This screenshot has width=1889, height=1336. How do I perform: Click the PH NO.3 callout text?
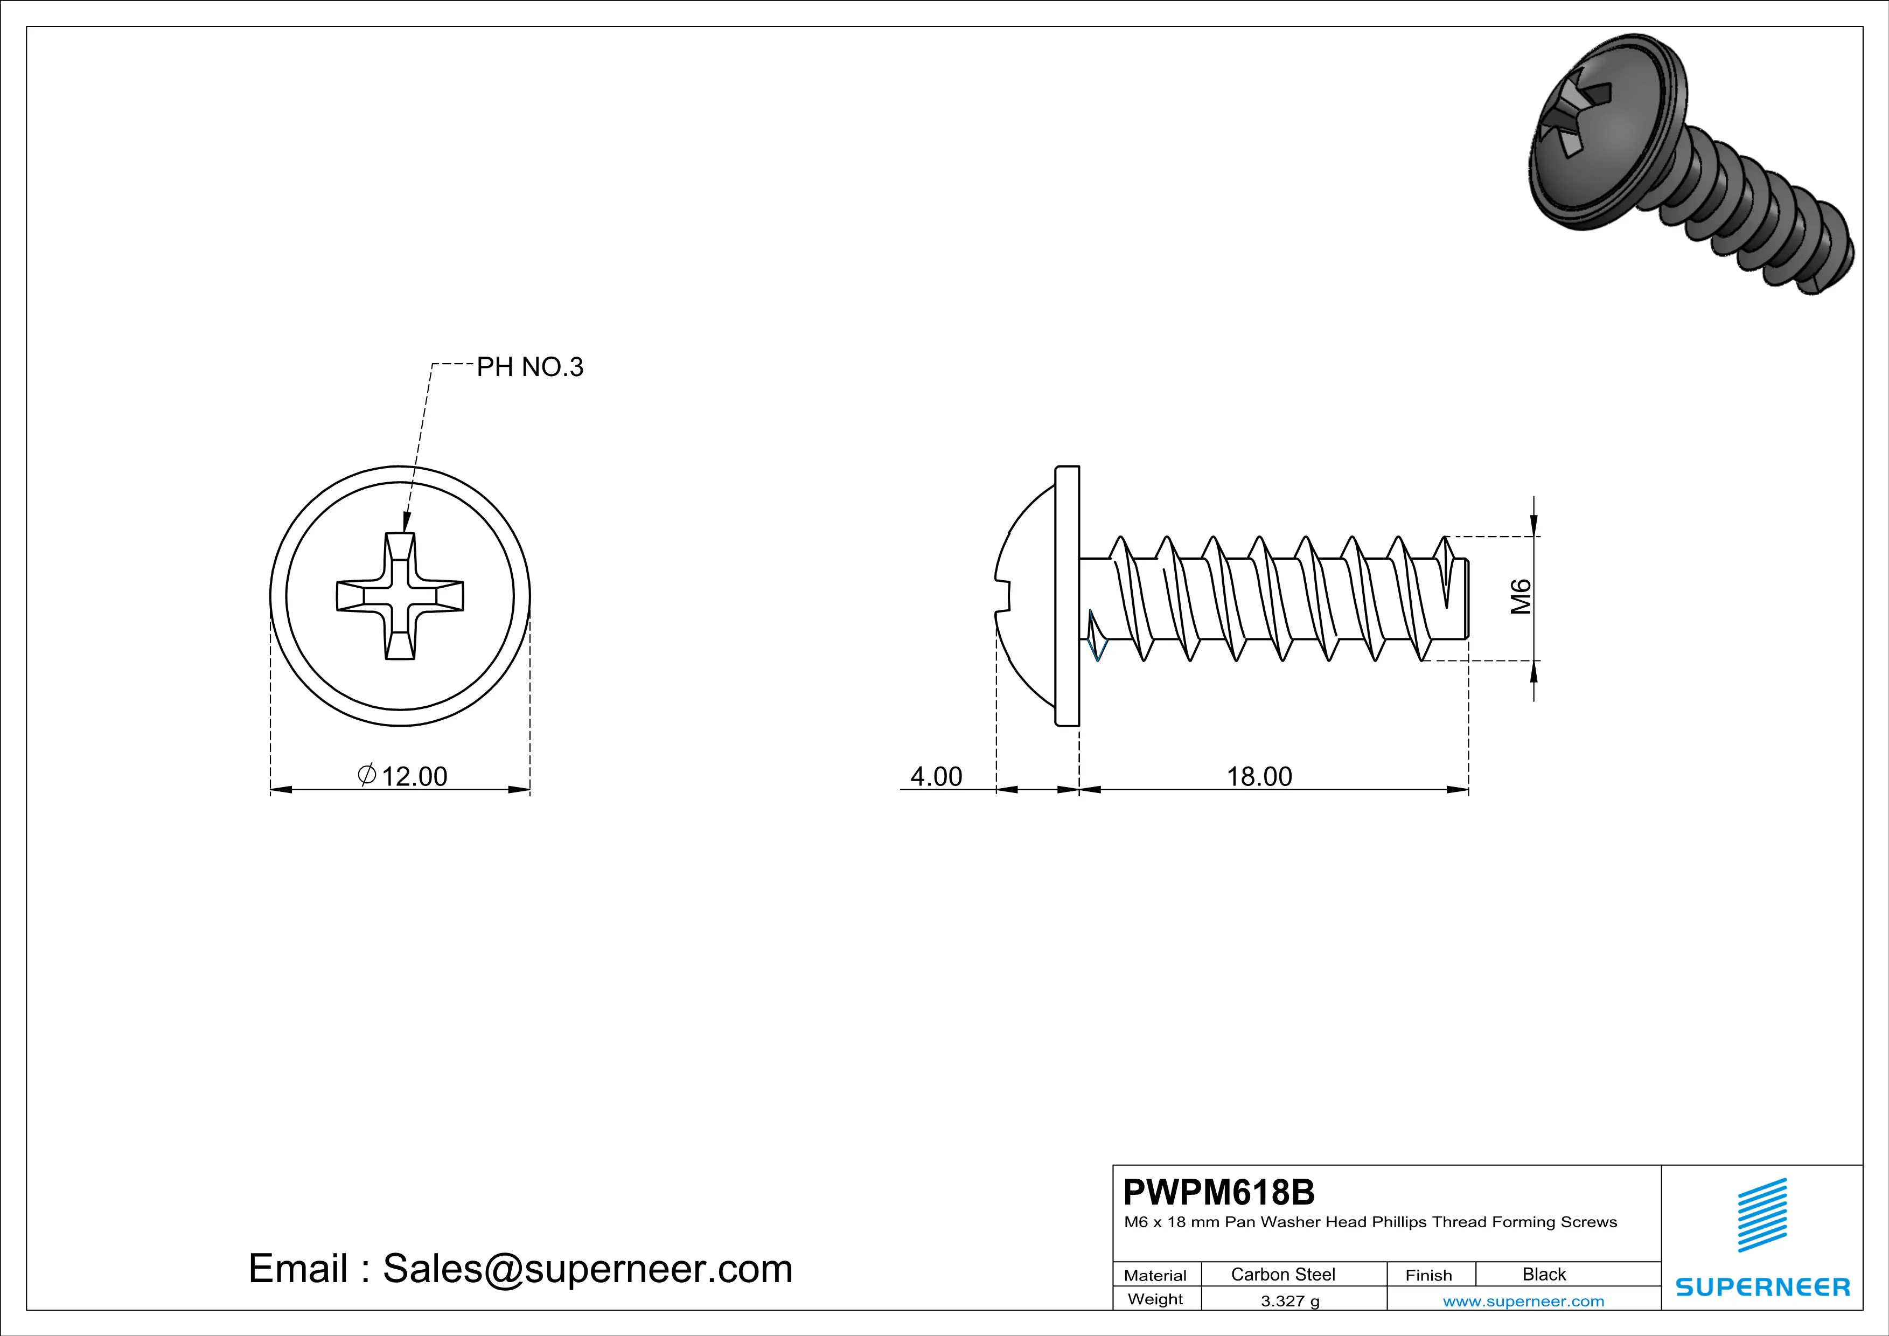[x=530, y=367]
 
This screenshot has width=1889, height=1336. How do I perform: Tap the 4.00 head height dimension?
[x=936, y=776]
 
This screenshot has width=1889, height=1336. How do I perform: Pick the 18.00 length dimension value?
[x=1259, y=776]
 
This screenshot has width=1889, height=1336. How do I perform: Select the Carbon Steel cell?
[x=1282, y=1274]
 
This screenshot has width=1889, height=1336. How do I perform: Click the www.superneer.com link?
[x=1523, y=1300]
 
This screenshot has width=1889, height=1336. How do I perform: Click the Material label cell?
[x=1155, y=1275]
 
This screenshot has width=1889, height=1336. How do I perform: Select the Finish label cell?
[x=1428, y=1275]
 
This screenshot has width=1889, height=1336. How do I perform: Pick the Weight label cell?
[x=1155, y=1299]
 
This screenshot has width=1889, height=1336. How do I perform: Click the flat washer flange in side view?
[x=1067, y=596]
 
